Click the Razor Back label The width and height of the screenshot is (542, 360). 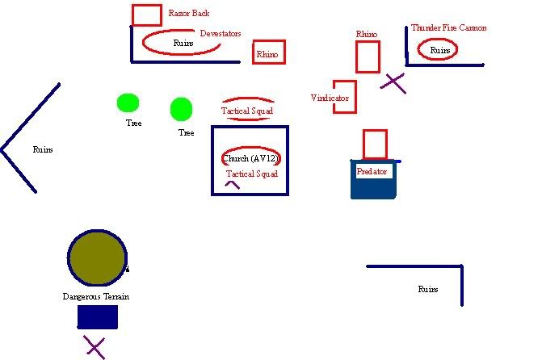[188, 14]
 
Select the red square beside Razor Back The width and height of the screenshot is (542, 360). [146, 15]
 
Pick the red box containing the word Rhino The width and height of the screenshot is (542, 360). [269, 53]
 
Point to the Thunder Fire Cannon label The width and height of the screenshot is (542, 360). [448, 28]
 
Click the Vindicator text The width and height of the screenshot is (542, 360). [330, 98]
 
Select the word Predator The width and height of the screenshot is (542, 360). [372, 172]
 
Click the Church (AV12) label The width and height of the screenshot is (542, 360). [250, 158]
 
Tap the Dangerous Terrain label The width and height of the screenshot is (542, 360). [96, 296]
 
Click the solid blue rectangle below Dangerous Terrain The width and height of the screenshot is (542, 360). [97, 316]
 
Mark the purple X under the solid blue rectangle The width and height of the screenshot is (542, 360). [95, 348]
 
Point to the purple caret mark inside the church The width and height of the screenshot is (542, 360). [232, 184]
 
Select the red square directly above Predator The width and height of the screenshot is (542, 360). [375, 144]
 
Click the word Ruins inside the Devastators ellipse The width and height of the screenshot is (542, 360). [183, 42]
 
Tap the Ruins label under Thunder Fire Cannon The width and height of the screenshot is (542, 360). [440, 50]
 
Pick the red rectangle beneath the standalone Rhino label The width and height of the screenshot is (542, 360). [368, 57]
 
